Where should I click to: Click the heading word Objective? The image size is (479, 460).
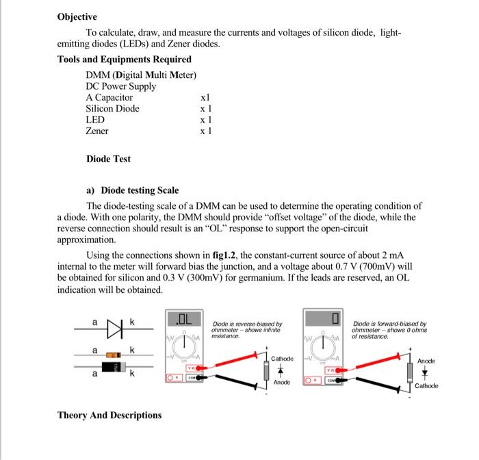point(77,16)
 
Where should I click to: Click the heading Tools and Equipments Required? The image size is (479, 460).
point(125,60)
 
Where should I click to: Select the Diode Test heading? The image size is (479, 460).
point(108,159)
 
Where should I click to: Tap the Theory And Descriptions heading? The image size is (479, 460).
point(109,415)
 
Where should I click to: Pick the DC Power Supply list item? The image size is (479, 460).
point(120,86)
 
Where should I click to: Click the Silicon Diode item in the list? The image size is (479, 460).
point(112,108)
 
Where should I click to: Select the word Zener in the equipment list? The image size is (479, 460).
point(96,130)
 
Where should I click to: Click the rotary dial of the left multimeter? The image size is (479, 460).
point(185,344)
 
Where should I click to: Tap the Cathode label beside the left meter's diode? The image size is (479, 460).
point(282,359)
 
